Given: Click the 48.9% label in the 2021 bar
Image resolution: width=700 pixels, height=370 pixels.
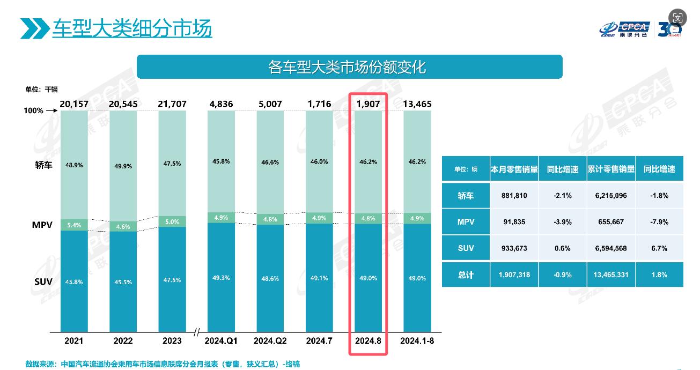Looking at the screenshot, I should tap(74, 165).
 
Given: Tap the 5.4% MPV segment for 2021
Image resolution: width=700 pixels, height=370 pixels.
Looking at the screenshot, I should tap(74, 225).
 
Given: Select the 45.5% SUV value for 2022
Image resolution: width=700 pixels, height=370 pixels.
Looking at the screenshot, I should tap(123, 281).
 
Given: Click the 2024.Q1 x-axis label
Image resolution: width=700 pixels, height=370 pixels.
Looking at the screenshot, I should tap(220, 341).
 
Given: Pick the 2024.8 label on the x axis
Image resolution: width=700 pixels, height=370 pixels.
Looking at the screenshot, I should tap(368, 341).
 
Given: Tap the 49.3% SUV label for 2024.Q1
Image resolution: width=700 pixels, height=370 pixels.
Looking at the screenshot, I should tap(220, 278).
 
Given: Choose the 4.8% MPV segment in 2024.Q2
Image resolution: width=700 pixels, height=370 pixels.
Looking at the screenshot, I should tap(270, 219).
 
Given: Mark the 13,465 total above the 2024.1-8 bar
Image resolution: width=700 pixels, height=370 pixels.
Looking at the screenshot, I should tap(417, 104).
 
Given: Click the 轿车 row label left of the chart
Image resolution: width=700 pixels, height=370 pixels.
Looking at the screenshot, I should tap(43, 165).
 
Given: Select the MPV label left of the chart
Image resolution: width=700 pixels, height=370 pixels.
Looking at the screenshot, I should tap(42, 225).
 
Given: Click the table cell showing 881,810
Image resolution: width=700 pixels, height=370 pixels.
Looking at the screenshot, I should tap(514, 196).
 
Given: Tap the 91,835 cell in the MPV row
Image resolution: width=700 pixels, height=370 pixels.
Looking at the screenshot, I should tap(514, 222).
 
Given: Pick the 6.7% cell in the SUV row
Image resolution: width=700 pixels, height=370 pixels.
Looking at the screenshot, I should tap(659, 248).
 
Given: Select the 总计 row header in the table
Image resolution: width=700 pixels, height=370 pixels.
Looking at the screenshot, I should tap(466, 275).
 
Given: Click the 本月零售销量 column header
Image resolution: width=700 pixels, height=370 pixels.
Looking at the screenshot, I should tap(514, 169).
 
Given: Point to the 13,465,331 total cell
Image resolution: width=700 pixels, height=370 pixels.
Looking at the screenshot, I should tap(610, 275).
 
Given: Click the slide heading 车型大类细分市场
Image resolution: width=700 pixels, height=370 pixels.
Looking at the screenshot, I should tap(132, 28).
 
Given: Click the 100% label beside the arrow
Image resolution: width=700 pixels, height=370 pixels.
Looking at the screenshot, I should tap(33, 110).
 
